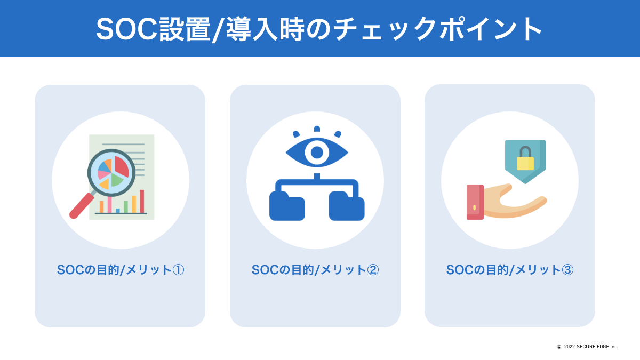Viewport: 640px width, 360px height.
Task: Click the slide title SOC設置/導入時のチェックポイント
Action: coord(318,29)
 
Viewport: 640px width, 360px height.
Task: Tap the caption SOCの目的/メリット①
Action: coord(121,270)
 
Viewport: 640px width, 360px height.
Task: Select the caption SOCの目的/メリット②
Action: coord(315,270)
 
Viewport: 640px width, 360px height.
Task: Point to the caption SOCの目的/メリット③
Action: coord(510,270)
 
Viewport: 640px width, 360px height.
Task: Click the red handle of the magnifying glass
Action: coord(82,206)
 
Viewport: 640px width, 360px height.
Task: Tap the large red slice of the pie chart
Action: coord(122,166)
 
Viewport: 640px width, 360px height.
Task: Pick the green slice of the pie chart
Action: coord(117,180)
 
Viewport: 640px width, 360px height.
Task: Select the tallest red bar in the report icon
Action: coord(142,202)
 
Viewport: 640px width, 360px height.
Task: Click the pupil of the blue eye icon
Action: coord(317,153)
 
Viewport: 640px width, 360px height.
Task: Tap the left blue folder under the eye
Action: coord(287,206)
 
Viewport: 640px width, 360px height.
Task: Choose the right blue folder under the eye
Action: coord(347,206)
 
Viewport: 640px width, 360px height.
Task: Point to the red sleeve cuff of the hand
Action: coord(475,202)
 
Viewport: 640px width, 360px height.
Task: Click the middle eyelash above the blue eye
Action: coord(317,129)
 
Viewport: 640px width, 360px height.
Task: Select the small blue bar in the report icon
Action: coord(118,211)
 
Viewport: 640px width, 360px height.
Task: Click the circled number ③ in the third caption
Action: coord(567,270)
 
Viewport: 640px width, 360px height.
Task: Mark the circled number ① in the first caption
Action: coord(178,270)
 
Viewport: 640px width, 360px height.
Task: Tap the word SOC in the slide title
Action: coord(127,29)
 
